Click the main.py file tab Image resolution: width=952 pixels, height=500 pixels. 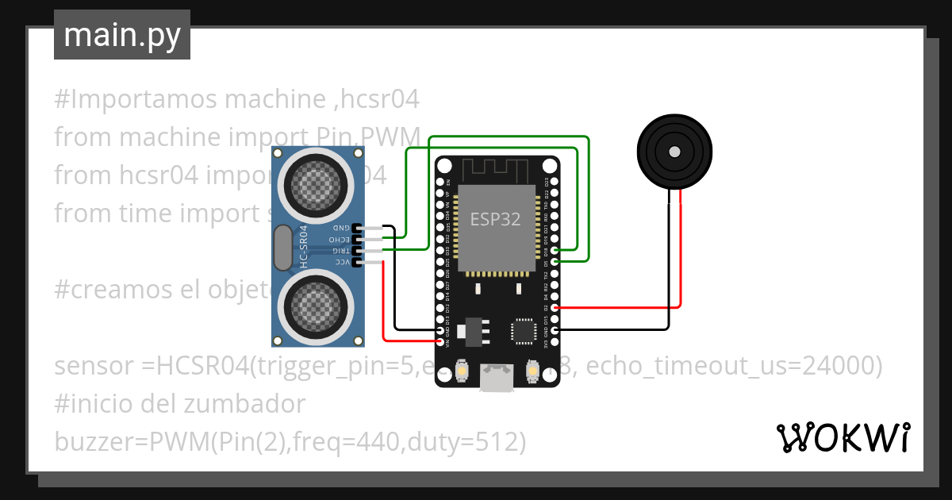point(121,35)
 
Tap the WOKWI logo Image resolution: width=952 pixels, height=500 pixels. point(843,437)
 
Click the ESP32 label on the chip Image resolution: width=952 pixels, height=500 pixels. point(496,219)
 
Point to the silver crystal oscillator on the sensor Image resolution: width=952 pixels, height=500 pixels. point(282,247)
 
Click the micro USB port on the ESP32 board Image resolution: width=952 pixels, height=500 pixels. point(497,379)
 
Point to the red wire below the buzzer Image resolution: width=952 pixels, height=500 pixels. point(681,254)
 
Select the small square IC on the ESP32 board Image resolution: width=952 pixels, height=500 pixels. point(524,331)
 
